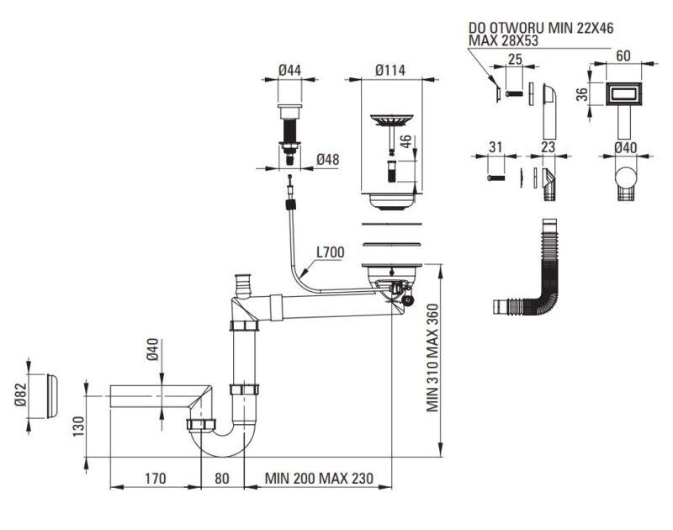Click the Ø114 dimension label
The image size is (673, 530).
tap(389, 70)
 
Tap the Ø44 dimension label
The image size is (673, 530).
tap(289, 70)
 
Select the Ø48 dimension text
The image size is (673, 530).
tap(328, 160)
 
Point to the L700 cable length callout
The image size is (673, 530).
tap(331, 252)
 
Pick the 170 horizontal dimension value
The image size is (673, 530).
tap(155, 478)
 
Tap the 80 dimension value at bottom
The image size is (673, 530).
tap(221, 478)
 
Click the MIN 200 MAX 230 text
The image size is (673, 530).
tap(319, 478)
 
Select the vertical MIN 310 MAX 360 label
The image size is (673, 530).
tap(432, 358)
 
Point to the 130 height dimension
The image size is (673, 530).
tap(78, 427)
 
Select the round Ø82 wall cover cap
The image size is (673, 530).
tap(51, 395)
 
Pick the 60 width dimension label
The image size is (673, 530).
tap(623, 56)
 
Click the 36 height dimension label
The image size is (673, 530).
tap(581, 94)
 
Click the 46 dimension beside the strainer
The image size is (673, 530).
tap(405, 142)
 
